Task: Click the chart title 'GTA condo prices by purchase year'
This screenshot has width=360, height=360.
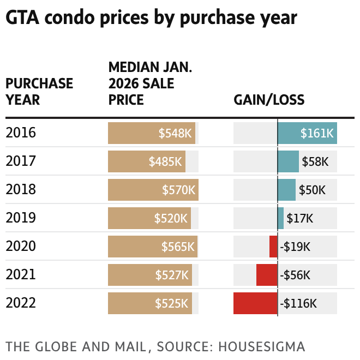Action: (x=151, y=17)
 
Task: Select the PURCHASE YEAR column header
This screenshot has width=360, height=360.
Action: (x=39, y=92)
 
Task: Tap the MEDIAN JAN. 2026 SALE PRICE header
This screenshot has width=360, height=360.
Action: (x=150, y=83)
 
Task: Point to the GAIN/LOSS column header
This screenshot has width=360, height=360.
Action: (x=269, y=100)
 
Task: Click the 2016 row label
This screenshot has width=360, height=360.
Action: (x=21, y=133)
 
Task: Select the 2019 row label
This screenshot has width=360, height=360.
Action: (x=21, y=218)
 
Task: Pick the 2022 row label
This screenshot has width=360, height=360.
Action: (x=21, y=303)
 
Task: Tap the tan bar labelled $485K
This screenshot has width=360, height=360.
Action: (x=146, y=161)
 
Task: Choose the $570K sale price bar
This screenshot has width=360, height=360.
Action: (x=153, y=190)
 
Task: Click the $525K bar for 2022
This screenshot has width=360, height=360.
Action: (x=149, y=303)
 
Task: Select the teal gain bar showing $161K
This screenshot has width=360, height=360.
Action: (x=307, y=133)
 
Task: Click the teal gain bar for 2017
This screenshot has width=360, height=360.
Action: (x=288, y=161)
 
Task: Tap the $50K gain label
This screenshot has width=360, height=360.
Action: (x=312, y=190)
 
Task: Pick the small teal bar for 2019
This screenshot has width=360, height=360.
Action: (x=280, y=218)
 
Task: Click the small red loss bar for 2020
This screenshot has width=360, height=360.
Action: (x=273, y=247)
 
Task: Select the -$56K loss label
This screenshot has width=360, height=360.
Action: (x=295, y=275)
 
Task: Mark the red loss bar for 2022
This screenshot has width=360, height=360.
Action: (x=255, y=303)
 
